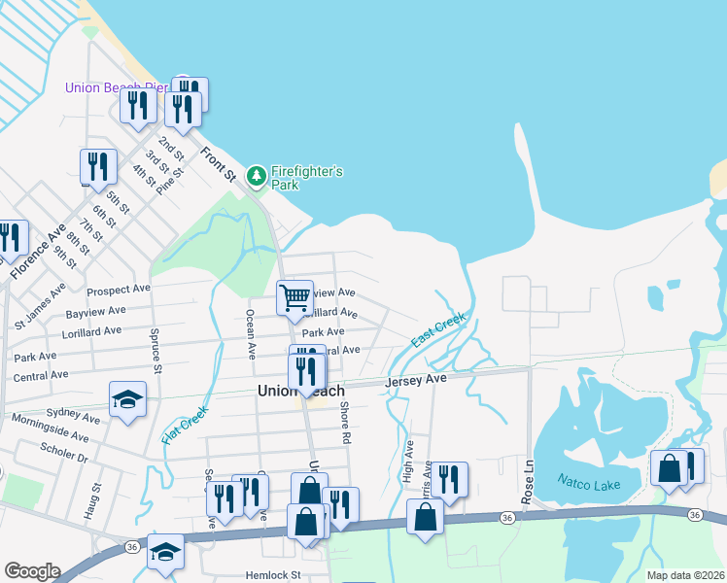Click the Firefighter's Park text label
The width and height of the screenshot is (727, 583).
(x=306, y=178)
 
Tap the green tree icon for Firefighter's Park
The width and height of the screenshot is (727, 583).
(x=257, y=176)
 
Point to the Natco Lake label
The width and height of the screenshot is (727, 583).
(x=586, y=480)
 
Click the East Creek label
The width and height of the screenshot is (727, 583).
(x=438, y=330)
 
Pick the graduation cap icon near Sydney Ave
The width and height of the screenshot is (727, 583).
(x=127, y=399)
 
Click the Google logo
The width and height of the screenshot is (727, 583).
(x=32, y=571)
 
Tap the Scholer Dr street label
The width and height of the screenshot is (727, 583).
(x=65, y=452)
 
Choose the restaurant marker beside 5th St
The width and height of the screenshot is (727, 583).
(x=98, y=166)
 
